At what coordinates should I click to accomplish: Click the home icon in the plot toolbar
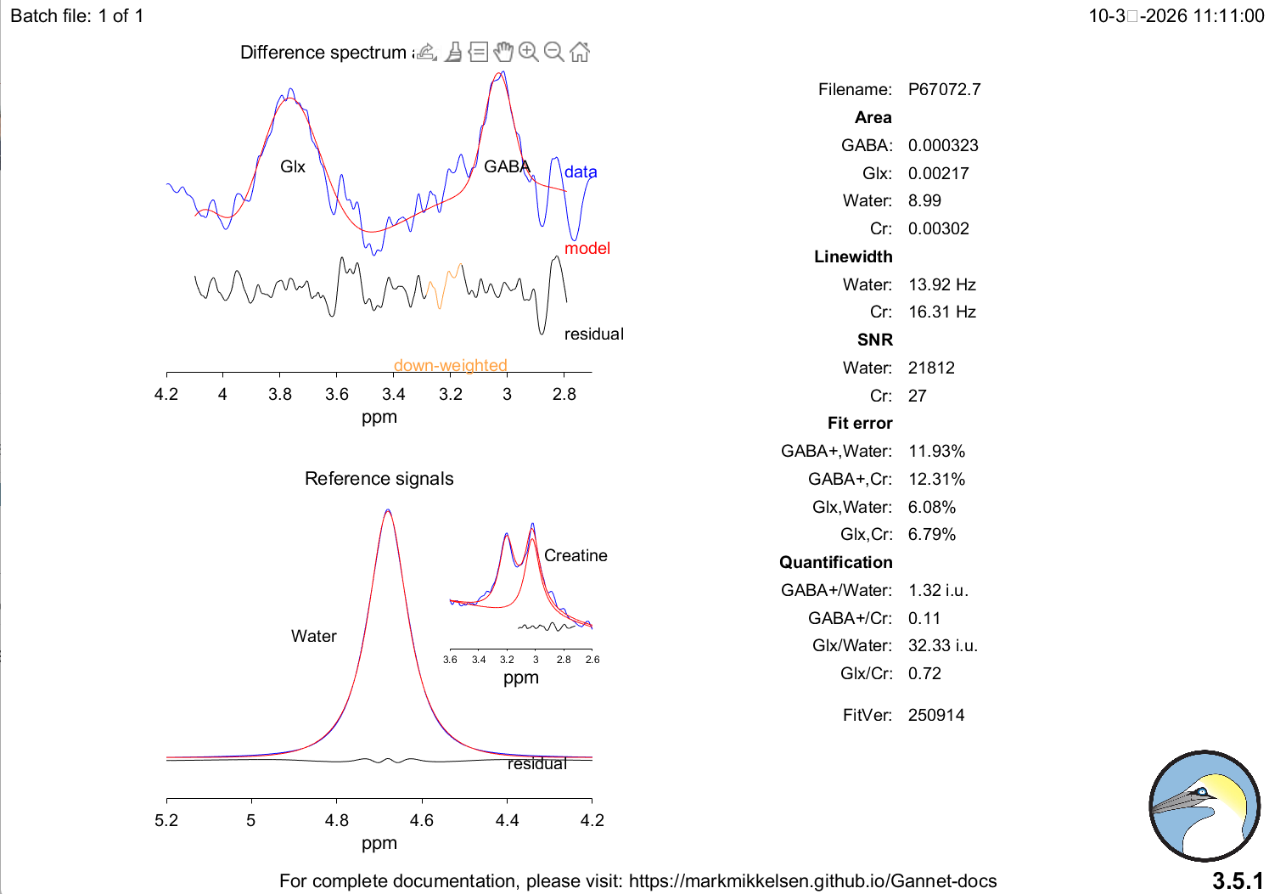click(x=580, y=53)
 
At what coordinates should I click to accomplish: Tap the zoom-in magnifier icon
click(x=528, y=52)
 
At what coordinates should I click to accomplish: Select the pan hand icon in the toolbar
click(x=503, y=52)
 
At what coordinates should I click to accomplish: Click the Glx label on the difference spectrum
click(x=293, y=166)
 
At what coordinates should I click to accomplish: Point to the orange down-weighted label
click(x=450, y=366)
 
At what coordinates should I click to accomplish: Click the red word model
click(x=587, y=248)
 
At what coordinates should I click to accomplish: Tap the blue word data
click(x=581, y=171)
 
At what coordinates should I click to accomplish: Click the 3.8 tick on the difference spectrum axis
click(x=280, y=394)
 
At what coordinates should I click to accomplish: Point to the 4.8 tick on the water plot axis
click(x=337, y=820)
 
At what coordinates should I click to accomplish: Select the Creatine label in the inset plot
click(x=576, y=555)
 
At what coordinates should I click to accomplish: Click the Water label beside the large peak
click(x=314, y=636)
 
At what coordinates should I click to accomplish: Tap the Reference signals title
click(x=379, y=479)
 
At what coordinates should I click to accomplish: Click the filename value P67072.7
click(x=944, y=89)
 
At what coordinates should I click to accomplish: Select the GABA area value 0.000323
click(x=943, y=145)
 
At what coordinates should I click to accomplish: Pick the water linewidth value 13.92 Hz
click(x=942, y=284)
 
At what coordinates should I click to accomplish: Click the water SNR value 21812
click(x=931, y=368)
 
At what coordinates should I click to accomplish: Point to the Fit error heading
click(x=860, y=423)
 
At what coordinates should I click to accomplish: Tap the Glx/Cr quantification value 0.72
click(x=924, y=673)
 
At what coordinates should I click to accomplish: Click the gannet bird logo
click(x=1204, y=806)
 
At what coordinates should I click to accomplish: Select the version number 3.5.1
click(x=1238, y=880)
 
